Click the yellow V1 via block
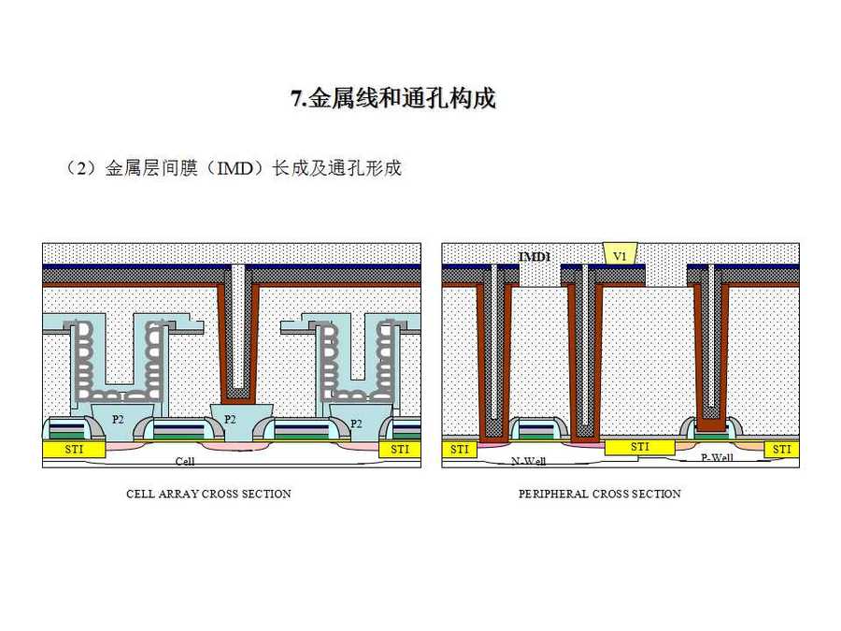[620, 254]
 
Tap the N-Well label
[529, 461]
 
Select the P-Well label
[718, 457]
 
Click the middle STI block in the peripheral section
[640, 447]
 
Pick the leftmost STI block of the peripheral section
[459, 450]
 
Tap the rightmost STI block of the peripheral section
[781, 450]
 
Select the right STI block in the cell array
[399, 450]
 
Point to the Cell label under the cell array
[185, 462]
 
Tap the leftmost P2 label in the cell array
[118, 419]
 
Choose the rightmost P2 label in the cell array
[355, 423]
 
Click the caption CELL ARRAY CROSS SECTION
[208, 494]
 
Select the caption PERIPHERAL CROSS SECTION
[600, 494]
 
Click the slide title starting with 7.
[392, 99]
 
